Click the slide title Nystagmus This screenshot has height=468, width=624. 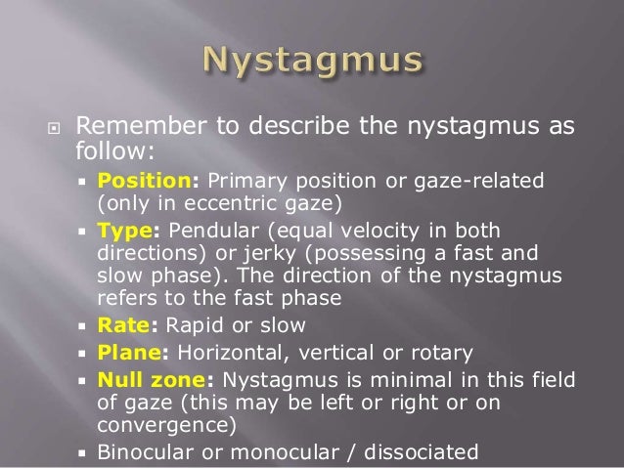312,61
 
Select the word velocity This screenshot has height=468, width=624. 355,231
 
